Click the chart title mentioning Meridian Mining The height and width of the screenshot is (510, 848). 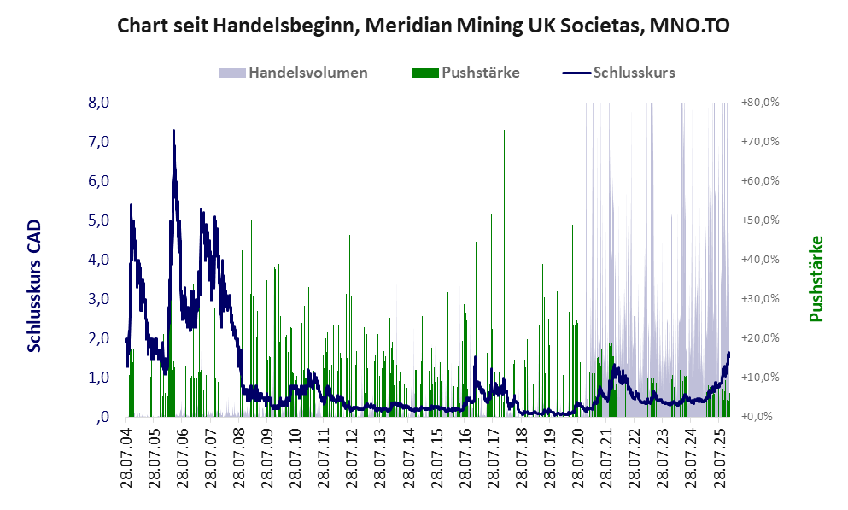[423, 26]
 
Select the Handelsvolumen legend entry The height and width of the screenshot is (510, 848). [307, 73]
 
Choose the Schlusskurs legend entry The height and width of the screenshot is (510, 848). [633, 73]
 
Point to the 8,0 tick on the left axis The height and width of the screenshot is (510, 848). [99, 103]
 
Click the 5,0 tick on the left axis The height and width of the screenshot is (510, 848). [99, 220]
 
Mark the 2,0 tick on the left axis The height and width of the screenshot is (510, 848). [99, 338]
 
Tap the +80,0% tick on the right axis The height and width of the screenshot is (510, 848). [762, 103]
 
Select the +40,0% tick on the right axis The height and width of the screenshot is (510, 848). [762, 260]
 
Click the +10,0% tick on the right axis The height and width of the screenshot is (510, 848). [762, 378]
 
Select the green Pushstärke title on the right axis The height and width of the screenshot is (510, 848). [816, 279]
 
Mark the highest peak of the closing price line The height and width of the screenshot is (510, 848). [173, 131]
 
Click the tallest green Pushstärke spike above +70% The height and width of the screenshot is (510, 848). [505, 132]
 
